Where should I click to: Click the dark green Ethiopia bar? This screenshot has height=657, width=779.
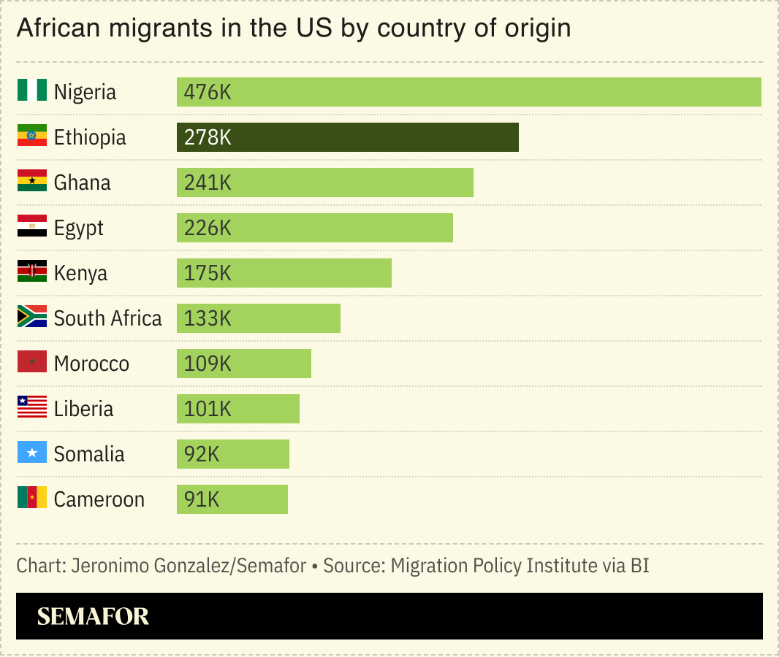coord(348,137)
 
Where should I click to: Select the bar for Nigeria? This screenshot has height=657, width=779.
coord(468,92)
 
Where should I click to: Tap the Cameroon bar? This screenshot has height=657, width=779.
coord(232,499)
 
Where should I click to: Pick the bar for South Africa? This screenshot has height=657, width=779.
coord(259,318)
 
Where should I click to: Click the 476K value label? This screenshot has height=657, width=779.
coord(208,93)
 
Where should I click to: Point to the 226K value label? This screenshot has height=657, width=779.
coord(208,228)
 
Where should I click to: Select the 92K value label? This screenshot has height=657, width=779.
coord(202,454)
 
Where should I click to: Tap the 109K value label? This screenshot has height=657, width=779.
coord(208,364)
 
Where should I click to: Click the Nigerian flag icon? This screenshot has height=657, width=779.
coord(32,91)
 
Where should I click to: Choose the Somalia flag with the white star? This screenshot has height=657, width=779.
coord(32,453)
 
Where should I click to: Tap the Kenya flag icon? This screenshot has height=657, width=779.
coord(32,272)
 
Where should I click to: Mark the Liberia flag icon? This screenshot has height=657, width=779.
coord(32,407)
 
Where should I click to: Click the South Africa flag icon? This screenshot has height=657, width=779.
coord(32,317)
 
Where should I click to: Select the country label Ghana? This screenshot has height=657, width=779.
coord(83,182)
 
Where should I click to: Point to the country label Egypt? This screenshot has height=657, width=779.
coord(79,228)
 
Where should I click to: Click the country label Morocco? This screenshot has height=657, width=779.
coord(91,364)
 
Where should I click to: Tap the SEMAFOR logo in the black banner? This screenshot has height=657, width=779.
coord(93,616)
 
